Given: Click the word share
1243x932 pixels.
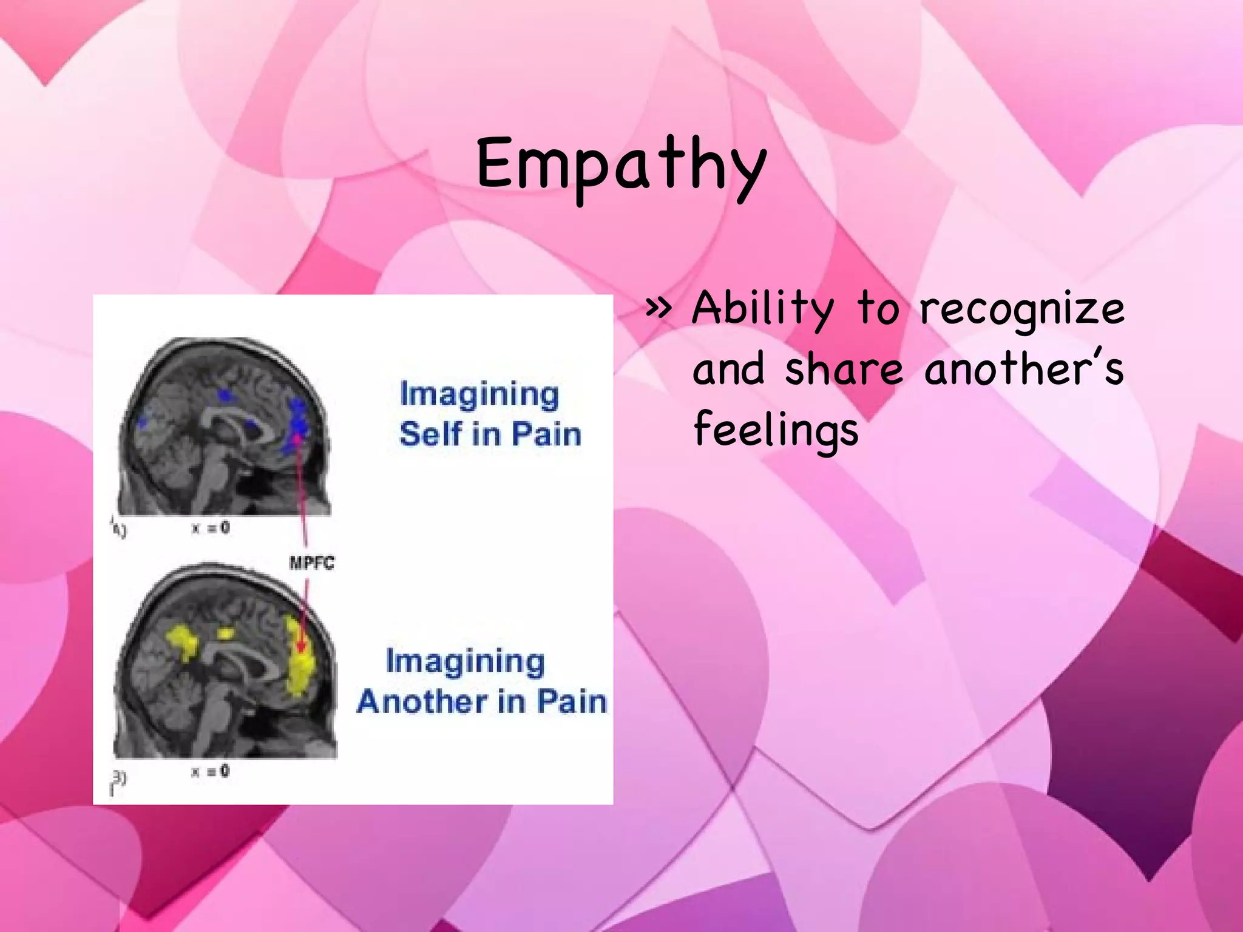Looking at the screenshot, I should tap(844, 370).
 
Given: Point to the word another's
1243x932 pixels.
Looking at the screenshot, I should tap(1024, 370).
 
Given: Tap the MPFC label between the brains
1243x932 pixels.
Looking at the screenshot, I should tap(311, 563).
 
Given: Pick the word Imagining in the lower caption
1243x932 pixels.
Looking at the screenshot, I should tap(465, 662).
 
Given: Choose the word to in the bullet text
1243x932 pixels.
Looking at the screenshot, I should tap(877, 309).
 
